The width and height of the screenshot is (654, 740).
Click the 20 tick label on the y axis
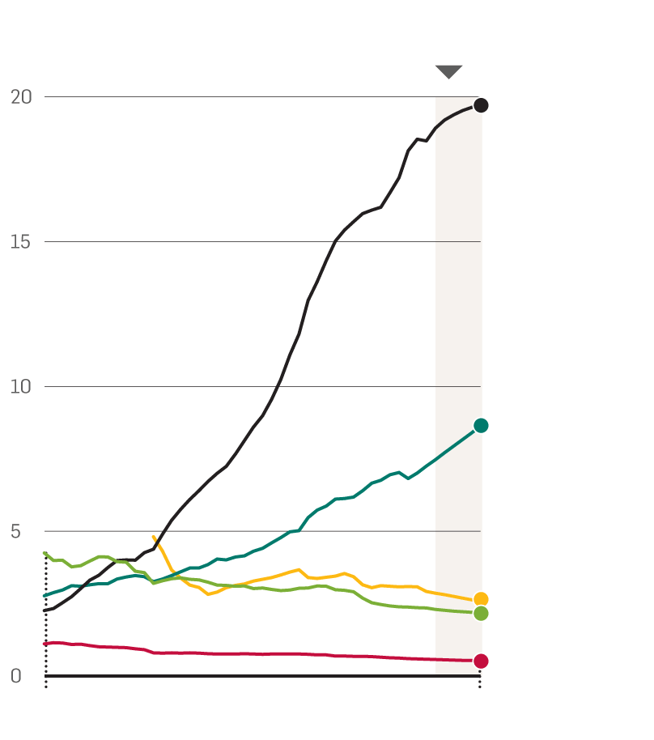coord(21,97)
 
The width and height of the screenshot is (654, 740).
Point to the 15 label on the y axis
coord(21,242)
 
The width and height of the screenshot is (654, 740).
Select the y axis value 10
coord(21,387)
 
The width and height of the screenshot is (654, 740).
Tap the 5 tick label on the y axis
coord(15,532)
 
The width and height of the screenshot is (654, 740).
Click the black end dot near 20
coord(481,105)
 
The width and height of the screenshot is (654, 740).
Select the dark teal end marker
coord(481,426)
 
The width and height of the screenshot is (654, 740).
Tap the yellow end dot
coord(481,600)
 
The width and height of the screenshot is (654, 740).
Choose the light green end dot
coord(481,614)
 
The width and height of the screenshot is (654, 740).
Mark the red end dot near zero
coord(481,661)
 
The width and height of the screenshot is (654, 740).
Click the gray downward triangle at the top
coord(448,71)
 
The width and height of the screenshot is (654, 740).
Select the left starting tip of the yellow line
coord(153,537)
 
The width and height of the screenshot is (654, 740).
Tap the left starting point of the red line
coord(45,644)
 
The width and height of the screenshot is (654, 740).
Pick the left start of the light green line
coord(45,553)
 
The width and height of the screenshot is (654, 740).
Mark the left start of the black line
coord(45,610)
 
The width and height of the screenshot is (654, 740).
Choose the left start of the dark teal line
coord(45,596)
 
